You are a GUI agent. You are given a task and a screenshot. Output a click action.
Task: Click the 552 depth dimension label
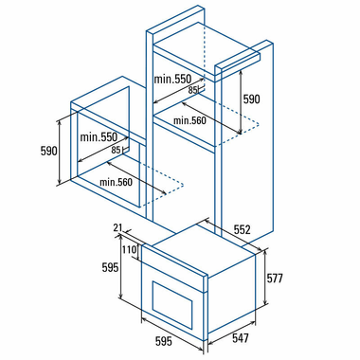pyautogui.click(x=242, y=229)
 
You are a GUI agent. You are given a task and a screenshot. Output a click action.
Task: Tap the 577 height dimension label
pyautogui.click(x=275, y=279)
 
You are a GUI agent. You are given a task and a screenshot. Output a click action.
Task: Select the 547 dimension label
pyautogui.click(x=241, y=338)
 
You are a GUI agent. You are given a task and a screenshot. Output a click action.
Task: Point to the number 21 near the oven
pyautogui.click(x=117, y=227)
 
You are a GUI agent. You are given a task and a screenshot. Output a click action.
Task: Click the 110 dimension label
pyautogui.click(x=129, y=250)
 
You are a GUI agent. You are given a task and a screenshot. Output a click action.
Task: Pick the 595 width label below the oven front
pyautogui.click(x=164, y=341)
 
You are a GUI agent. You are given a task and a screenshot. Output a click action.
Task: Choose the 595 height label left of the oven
pyautogui.click(x=110, y=268)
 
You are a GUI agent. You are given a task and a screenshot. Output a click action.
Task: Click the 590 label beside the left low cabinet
pyautogui.click(x=49, y=151)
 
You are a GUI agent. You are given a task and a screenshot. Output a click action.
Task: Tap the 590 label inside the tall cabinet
pyautogui.click(x=251, y=99)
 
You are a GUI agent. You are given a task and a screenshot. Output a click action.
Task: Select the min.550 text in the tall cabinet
pyautogui.click(x=172, y=79)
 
